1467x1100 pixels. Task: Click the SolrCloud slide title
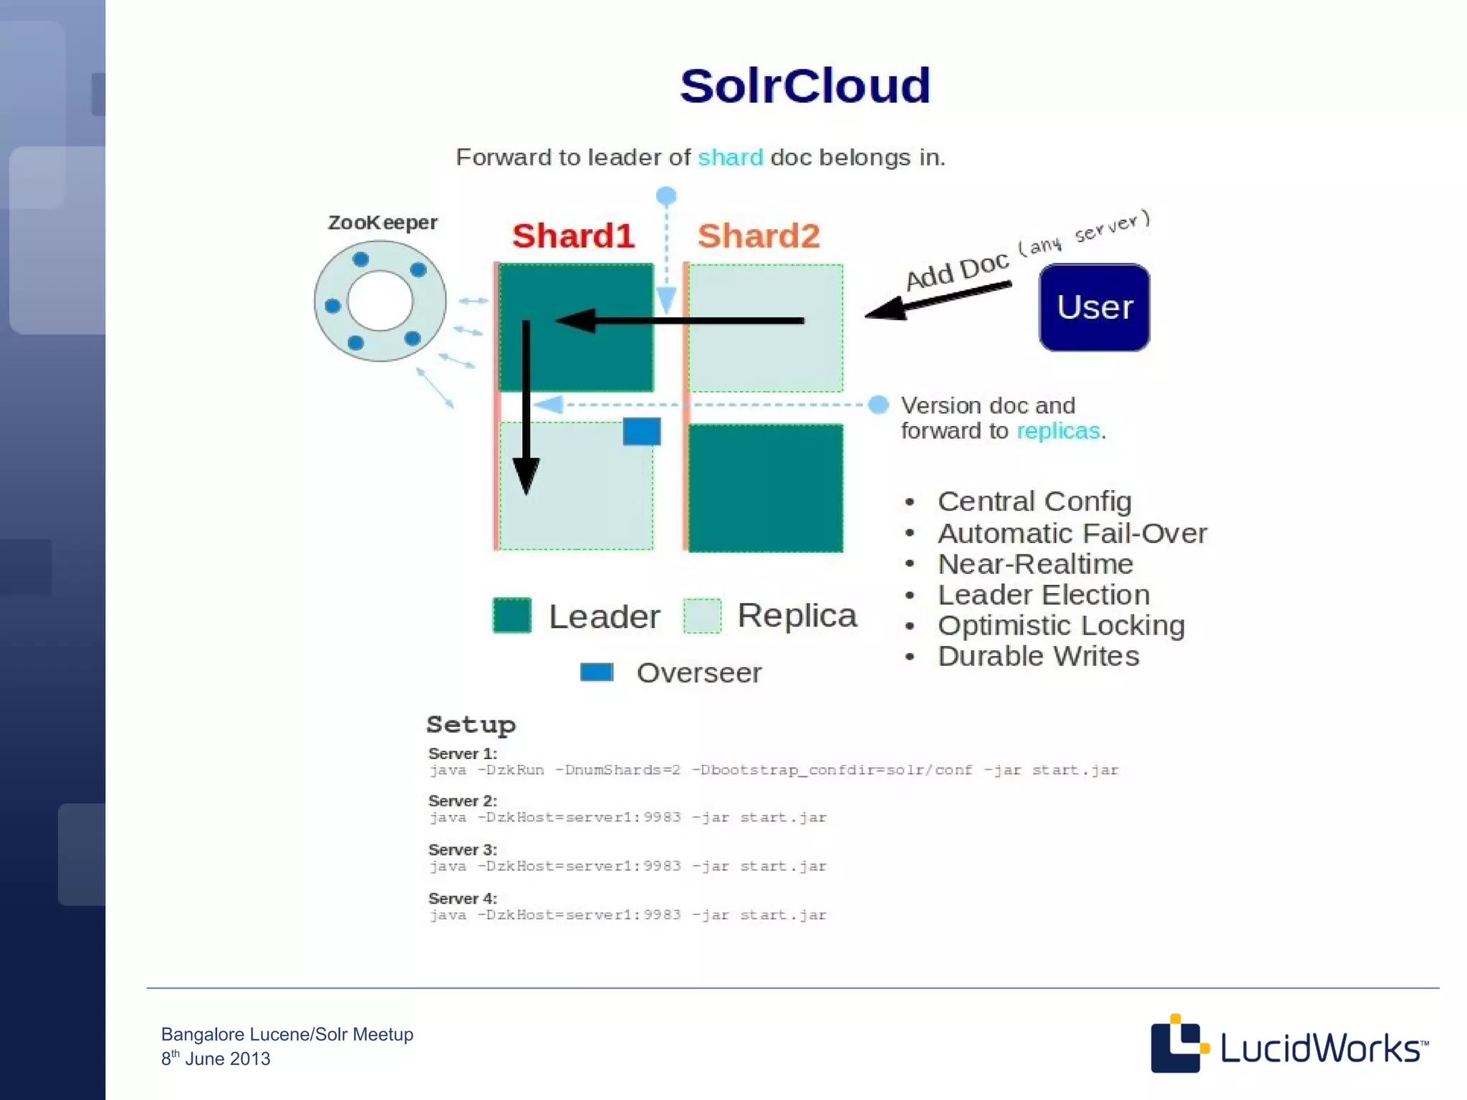(x=804, y=86)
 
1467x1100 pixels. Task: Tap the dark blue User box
(x=1094, y=307)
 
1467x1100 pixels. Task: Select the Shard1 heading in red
(x=573, y=236)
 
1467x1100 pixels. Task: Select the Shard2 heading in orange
(x=759, y=236)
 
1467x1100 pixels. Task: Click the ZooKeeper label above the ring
(x=383, y=223)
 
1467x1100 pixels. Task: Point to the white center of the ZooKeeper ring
(x=380, y=301)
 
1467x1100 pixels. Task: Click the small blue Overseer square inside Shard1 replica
(x=641, y=432)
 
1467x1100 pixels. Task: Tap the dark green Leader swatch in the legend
(x=512, y=615)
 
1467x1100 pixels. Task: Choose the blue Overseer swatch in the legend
(x=596, y=672)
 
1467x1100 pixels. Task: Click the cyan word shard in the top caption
(x=730, y=158)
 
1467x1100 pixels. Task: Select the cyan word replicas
(x=1057, y=431)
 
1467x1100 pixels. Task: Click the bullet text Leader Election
(x=1043, y=595)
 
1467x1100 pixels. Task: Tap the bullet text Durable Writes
(x=1038, y=657)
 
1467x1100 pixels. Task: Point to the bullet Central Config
(x=1034, y=501)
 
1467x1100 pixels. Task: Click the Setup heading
(x=471, y=725)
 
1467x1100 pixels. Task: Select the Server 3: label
(x=462, y=850)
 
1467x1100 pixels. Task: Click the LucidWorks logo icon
(x=1178, y=1044)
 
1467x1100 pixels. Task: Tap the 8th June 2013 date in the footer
(x=216, y=1058)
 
